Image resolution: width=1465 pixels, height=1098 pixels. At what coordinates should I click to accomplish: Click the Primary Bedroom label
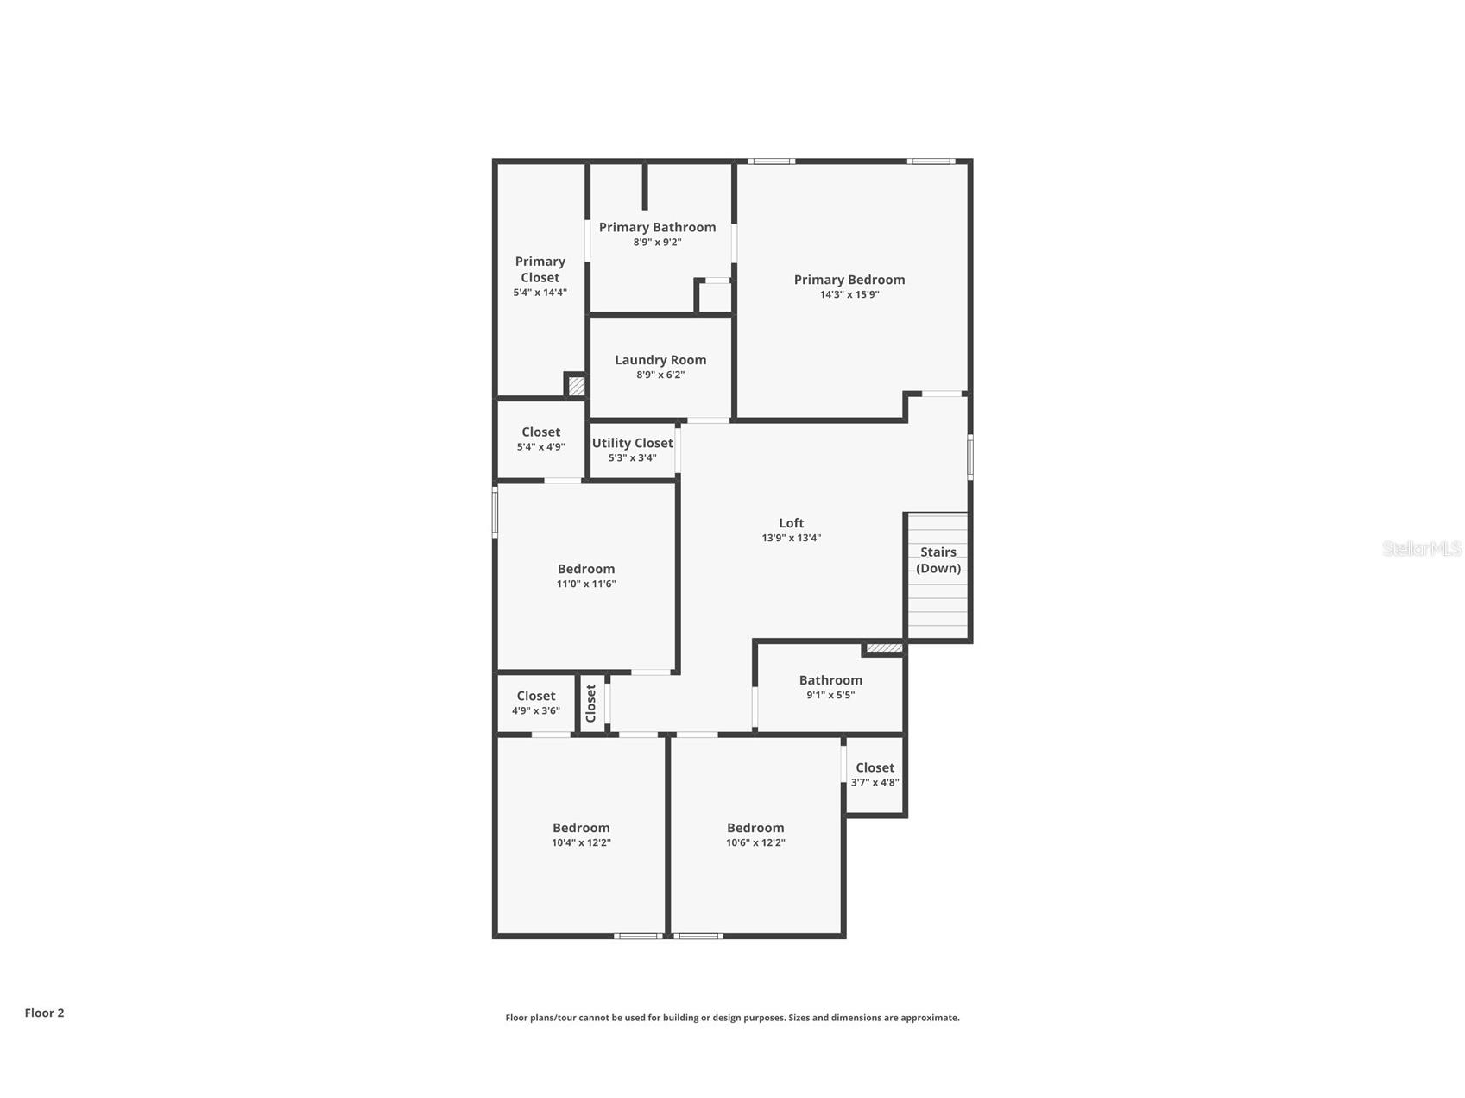849,280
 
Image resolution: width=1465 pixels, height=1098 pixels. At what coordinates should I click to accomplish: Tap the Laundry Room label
660,360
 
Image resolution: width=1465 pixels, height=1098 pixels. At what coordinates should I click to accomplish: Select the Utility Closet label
632,443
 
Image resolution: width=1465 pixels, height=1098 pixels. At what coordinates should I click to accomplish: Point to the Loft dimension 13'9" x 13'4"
791,538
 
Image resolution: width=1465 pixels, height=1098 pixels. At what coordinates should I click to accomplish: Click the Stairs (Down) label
938,559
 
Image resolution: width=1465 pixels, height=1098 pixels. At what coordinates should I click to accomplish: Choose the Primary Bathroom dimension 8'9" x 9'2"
657,243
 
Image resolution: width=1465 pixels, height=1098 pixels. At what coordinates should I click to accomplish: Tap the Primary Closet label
540,268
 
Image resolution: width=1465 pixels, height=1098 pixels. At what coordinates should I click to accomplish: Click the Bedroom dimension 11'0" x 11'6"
585,584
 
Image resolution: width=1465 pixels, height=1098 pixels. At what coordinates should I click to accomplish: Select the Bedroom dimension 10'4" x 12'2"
581,842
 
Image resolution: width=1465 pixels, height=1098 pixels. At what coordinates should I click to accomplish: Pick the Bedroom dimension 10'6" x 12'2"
755,842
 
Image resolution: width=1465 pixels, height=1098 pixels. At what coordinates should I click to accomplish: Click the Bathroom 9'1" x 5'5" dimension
830,695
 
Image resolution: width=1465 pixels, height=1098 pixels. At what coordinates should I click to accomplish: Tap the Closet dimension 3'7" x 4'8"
875,783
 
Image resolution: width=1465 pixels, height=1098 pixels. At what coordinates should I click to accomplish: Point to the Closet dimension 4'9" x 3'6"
535,710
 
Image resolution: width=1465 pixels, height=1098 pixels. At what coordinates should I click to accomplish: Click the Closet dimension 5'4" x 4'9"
540,447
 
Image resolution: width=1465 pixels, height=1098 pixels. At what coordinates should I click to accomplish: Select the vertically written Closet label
591,703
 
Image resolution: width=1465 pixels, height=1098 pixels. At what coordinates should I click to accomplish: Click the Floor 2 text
44,1013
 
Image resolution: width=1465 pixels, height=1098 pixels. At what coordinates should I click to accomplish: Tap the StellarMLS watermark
1421,549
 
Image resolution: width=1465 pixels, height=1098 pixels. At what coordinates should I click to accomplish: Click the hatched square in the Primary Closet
576,386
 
